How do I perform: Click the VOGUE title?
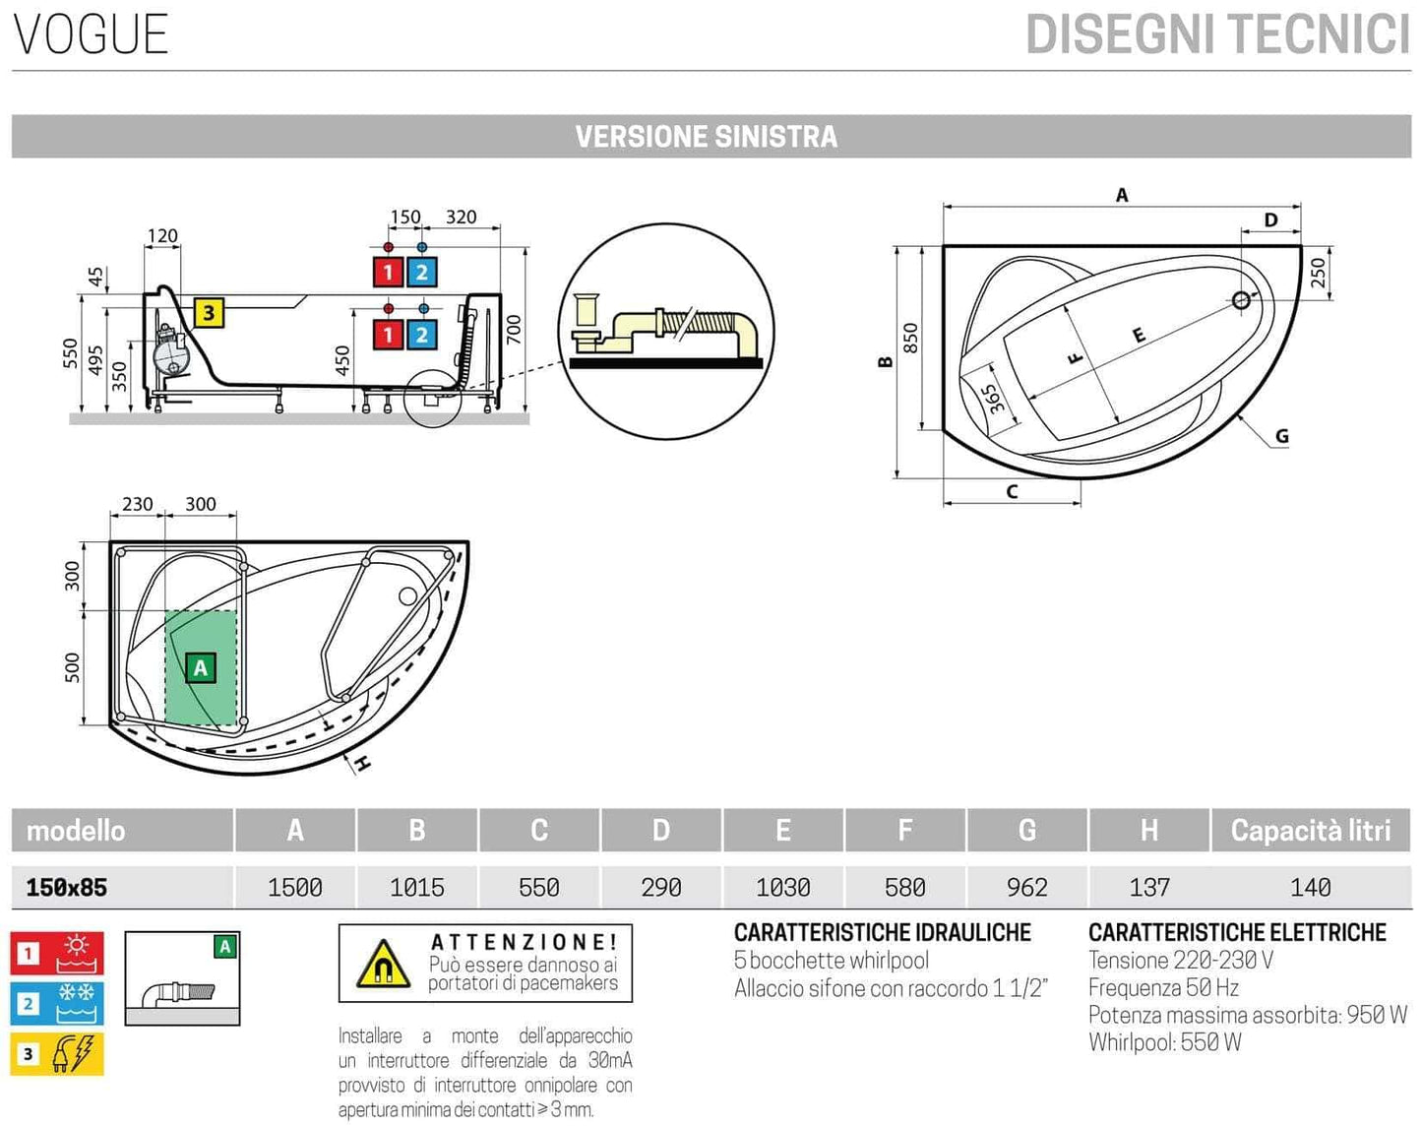point(91,34)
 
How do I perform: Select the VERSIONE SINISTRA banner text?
point(706,137)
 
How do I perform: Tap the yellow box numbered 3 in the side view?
point(209,313)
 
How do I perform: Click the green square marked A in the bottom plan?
point(201,668)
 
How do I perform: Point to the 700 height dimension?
point(513,330)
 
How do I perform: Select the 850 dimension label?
point(910,338)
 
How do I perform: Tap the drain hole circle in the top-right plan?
point(1241,300)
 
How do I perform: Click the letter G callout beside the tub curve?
point(1281,436)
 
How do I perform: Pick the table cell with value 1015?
point(416,887)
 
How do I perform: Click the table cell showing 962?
point(1026,887)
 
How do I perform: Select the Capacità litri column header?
point(1310,831)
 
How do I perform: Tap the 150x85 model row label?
point(66,887)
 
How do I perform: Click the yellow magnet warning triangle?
point(383,965)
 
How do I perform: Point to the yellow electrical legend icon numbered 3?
point(57,1054)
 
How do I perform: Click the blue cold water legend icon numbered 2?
point(57,1003)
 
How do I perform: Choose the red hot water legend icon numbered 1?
point(57,953)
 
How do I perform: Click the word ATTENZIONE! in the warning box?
point(524,943)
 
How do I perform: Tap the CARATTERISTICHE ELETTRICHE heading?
point(1236,932)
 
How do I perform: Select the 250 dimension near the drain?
point(1318,272)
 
